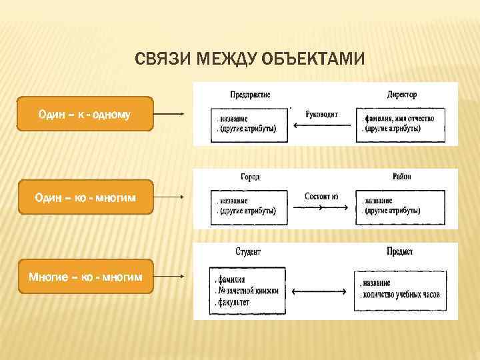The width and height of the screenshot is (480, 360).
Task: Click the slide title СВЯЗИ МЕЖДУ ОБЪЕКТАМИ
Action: pyautogui.click(x=249, y=59)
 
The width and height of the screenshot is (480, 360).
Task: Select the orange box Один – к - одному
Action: pyautogui.click(x=85, y=114)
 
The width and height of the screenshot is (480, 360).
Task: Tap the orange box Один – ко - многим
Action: pyautogui.click(x=85, y=197)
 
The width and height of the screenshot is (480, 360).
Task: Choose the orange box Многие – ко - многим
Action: pyautogui.click(x=85, y=276)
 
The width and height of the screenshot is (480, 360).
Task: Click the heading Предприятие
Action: pyautogui.click(x=249, y=94)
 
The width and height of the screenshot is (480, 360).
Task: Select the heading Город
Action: pyautogui.click(x=249, y=177)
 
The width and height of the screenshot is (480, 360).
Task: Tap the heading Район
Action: pyautogui.click(x=402, y=177)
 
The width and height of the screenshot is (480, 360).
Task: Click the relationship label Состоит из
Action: pyautogui.click(x=321, y=196)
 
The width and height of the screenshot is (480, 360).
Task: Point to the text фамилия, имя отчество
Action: pyautogui.click(x=399, y=118)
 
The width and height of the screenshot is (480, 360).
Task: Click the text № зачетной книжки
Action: pyautogui.click(x=247, y=291)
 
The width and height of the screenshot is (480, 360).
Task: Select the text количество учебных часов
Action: pyautogui.click(x=401, y=294)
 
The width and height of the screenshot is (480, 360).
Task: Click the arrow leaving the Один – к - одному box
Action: pyautogui.click(x=169, y=114)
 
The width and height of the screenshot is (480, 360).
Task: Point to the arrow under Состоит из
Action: pyautogui.click(x=321, y=207)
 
